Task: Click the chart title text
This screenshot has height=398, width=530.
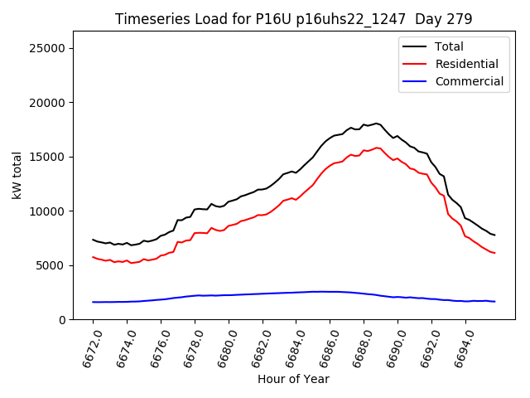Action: pyautogui.click(x=293, y=19)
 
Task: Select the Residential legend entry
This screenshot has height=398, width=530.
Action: pyautogui.click(x=467, y=64)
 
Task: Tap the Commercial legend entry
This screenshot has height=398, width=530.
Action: pyautogui.click(x=470, y=81)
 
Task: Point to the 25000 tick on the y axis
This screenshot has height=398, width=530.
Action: pyautogui.click(x=48, y=48)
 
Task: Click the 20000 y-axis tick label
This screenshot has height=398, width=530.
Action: pyautogui.click(x=48, y=103)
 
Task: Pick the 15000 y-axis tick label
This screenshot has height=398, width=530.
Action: pyautogui.click(x=48, y=157)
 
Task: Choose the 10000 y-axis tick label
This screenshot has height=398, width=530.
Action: pyautogui.click(x=48, y=211)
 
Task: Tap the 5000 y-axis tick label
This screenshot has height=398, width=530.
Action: pyautogui.click(x=51, y=265)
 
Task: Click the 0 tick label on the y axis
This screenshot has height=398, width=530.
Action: pyautogui.click(x=62, y=320)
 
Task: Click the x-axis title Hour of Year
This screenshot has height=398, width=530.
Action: pyautogui.click(x=293, y=379)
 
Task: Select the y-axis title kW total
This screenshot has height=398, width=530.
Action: pyautogui.click(x=16, y=175)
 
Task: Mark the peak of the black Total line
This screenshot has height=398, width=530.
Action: pyautogui.click(x=377, y=123)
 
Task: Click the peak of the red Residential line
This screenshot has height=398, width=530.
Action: pyautogui.click(x=377, y=148)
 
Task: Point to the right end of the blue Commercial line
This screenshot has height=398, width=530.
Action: pyautogui.click(x=494, y=301)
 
